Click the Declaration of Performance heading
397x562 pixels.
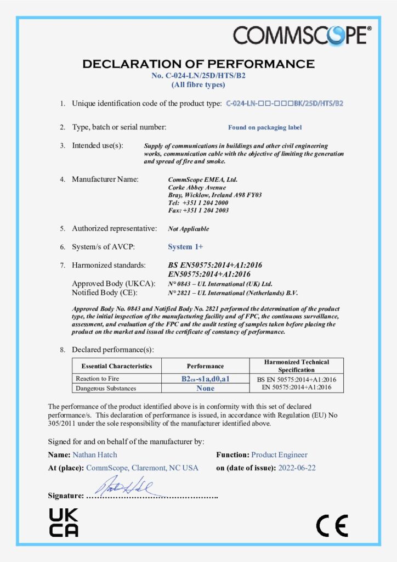click(198, 64)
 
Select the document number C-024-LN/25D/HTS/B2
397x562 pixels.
click(198, 76)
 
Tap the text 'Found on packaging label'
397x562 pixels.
click(265, 127)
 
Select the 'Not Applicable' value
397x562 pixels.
click(188, 229)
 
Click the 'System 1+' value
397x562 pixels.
click(185, 247)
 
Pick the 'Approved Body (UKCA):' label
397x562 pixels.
click(114, 284)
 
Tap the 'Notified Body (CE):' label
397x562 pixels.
click(109, 293)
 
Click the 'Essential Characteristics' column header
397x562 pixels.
click(117, 366)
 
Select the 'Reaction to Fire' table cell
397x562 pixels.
click(98, 379)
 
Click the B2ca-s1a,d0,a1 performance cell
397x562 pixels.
click(205, 379)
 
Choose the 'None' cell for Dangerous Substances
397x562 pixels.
click(205, 388)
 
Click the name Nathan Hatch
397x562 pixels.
click(94, 454)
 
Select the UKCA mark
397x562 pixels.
click(64, 522)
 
